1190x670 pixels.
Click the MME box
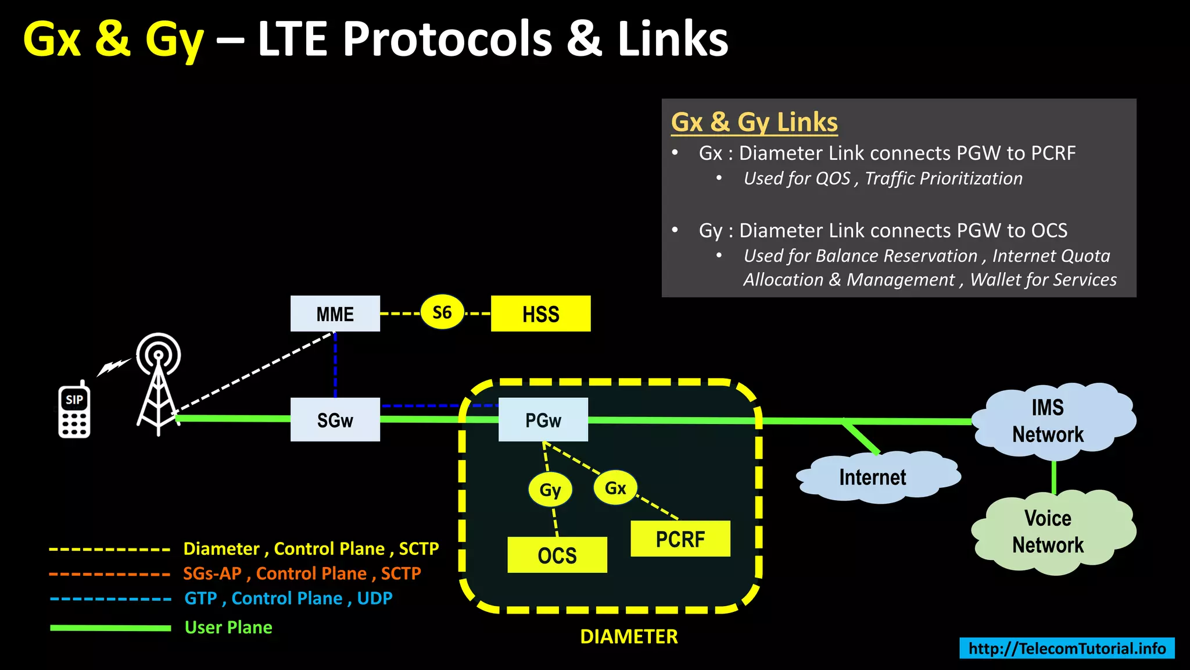click(335, 314)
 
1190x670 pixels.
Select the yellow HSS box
click(540, 314)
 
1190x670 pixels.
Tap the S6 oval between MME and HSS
click(442, 313)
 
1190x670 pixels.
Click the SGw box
click(335, 420)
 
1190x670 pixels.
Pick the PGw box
click(543, 420)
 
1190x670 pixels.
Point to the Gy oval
click(550, 489)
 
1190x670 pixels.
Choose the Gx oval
click(615, 487)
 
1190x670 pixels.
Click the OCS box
click(557, 555)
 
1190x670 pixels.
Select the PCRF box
click(680, 539)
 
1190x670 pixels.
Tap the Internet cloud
click(873, 477)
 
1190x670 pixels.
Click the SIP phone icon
click(74, 411)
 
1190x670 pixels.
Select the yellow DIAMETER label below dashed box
click(629, 636)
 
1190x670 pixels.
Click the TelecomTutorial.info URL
click(1067, 648)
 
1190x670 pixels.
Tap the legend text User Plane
click(228, 628)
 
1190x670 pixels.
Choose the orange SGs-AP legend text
click(302, 573)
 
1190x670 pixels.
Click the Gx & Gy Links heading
click(754, 122)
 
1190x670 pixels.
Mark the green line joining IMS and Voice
click(1054, 477)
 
